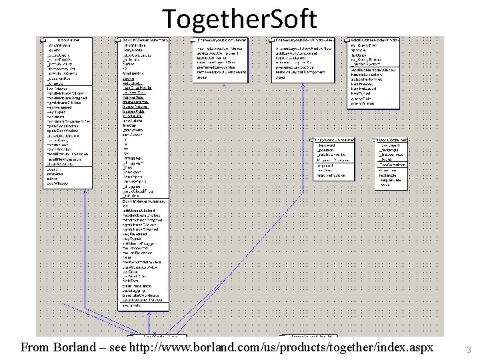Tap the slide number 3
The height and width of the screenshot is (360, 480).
coord(469,349)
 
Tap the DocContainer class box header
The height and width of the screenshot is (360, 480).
coord(393,140)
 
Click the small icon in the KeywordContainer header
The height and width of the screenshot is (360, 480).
coord(313,140)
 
